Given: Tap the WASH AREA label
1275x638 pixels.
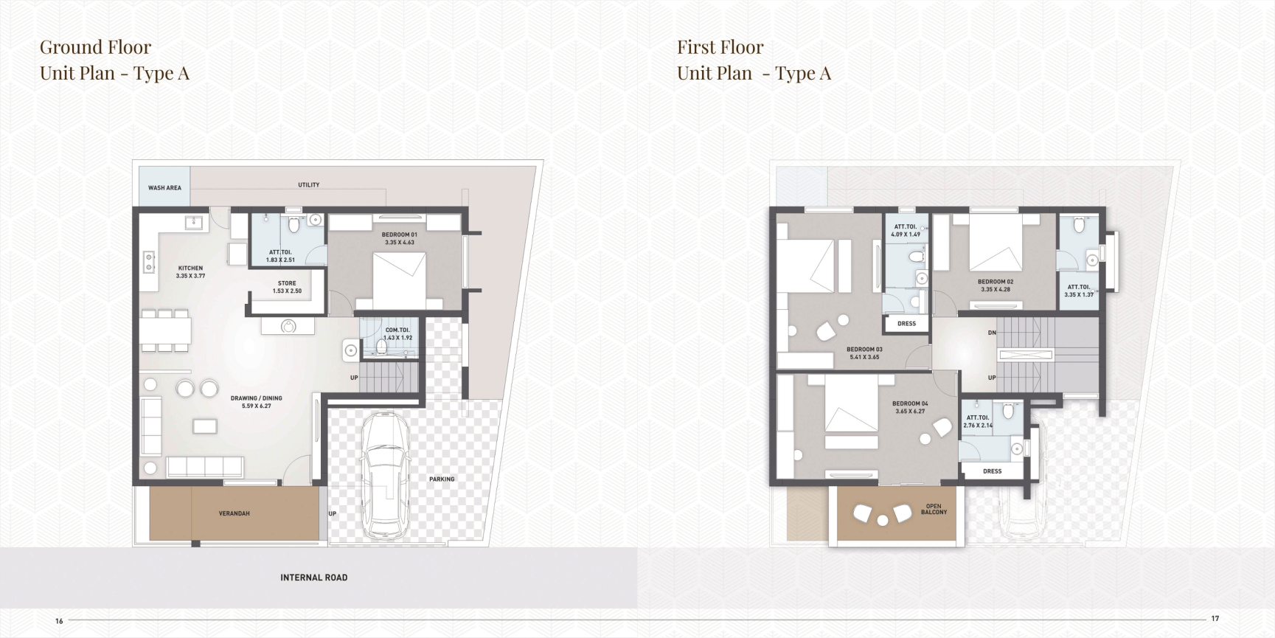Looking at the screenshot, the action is (164, 188).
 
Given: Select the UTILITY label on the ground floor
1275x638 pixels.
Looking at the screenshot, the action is (309, 185).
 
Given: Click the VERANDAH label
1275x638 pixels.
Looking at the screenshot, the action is (234, 513).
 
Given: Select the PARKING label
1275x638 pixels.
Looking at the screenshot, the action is (442, 479).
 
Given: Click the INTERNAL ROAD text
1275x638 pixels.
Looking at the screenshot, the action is (313, 578).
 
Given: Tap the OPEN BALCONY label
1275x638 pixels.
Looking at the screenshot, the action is (934, 509).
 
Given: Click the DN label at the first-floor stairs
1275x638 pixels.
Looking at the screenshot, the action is (992, 333).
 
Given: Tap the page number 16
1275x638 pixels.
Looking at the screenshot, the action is (59, 621).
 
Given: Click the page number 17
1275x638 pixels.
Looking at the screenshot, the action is (1215, 619).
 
